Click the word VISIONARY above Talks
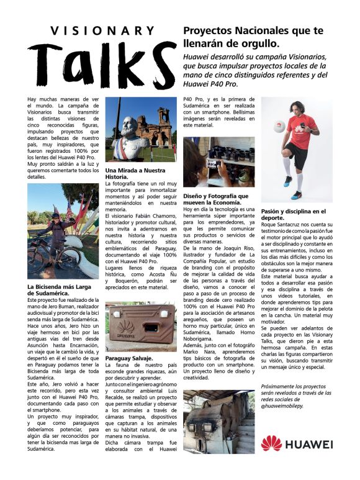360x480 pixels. coord(102,30)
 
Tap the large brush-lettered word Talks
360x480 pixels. coord(102,65)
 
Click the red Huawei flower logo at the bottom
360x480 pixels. coord(271,443)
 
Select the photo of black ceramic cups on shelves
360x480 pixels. coord(218,161)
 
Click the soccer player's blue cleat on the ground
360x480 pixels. coord(287,181)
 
